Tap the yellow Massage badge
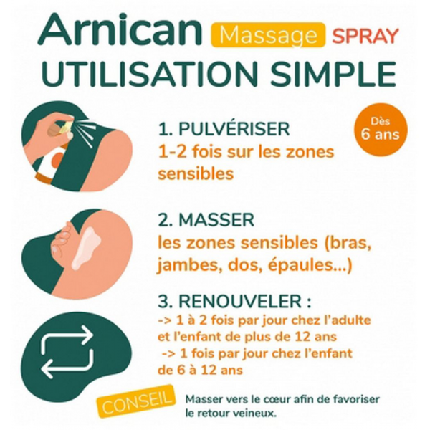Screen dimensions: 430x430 tap(268, 35)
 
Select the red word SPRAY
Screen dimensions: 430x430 tap(365, 35)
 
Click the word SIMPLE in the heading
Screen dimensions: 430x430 tap(333, 74)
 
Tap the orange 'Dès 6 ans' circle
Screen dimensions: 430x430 tap(381, 130)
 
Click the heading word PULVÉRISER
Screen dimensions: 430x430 tap(234, 128)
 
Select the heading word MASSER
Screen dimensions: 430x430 tap(216, 220)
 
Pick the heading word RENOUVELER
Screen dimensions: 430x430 tap(240, 302)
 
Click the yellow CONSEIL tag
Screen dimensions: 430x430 tap(135, 401)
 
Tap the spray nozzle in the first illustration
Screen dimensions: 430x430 tap(67, 125)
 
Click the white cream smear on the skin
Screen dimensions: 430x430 tap(85, 249)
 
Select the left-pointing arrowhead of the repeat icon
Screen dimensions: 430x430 tap(49, 369)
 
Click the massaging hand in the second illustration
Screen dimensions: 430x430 tap(62, 238)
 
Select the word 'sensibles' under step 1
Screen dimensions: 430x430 tap(196, 174)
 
